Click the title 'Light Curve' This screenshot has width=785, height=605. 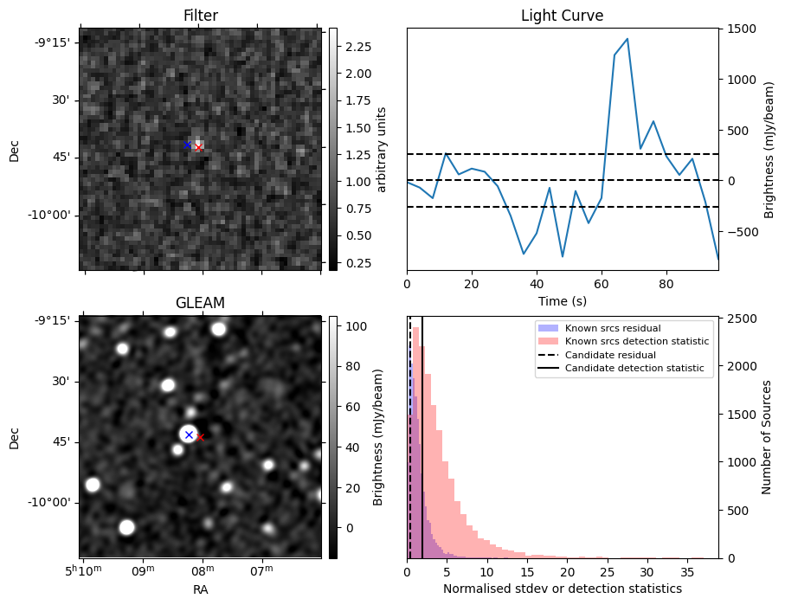[x=562, y=16]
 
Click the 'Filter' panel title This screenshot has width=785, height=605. [x=200, y=16]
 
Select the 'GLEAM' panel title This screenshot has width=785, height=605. [x=200, y=303]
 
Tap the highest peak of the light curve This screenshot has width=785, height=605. [x=627, y=39]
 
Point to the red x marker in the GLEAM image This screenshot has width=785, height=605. [x=200, y=437]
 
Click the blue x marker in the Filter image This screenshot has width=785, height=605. [x=187, y=145]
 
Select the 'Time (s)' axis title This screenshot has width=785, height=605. [x=562, y=299]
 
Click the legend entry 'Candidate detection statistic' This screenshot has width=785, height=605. [x=634, y=369]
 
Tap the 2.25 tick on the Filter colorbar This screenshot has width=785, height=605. [x=357, y=46]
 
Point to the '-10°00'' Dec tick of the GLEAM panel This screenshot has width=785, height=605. [x=53, y=502]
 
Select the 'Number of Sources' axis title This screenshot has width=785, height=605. [x=767, y=437]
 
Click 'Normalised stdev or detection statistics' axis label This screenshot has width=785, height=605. [x=562, y=589]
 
